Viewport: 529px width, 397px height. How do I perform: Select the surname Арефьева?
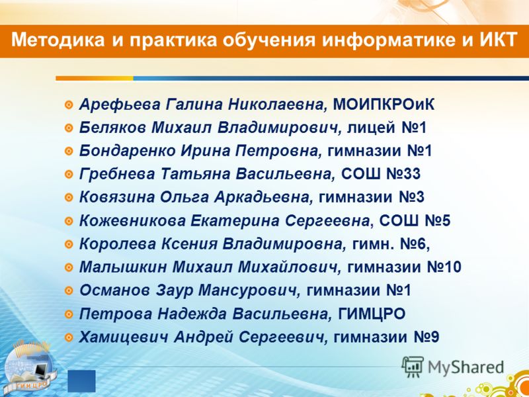pyautogui.click(x=120, y=105)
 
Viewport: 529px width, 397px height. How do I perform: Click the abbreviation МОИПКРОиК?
pyautogui.click(x=384, y=105)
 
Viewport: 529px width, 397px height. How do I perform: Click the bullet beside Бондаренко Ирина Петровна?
pyautogui.click(x=69, y=152)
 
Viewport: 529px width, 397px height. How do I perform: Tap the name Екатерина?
pyautogui.click(x=235, y=221)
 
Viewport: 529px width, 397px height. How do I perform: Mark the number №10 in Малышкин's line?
pyautogui.click(x=444, y=267)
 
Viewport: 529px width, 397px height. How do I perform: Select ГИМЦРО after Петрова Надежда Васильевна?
pyautogui.click(x=372, y=314)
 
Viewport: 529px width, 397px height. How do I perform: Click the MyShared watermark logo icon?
pyautogui.click(x=413, y=367)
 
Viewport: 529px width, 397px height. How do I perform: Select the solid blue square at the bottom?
pyautogui.click(x=81, y=381)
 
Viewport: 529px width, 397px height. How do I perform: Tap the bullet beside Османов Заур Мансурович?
pyautogui.click(x=69, y=290)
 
